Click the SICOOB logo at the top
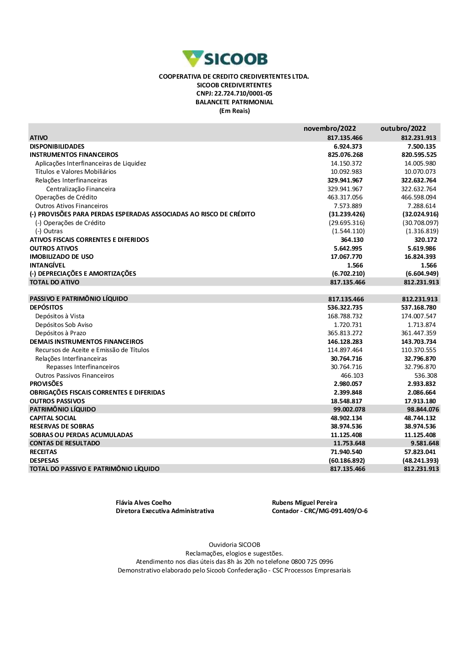point(225,59)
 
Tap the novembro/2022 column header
point(329,128)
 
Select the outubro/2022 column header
point(403,128)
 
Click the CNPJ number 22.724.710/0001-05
point(243,94)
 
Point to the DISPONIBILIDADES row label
point(57,146)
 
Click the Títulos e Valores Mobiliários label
point(76,172)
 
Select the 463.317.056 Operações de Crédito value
point(346,198)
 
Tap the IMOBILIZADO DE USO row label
point(61,257)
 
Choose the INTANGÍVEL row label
point(48,265)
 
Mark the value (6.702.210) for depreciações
point(348,274)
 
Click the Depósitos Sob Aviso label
point(64,325)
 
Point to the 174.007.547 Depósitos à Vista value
point(419,316)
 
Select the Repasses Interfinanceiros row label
point(83,367)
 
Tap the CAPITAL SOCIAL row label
point(53,418)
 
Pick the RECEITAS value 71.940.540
point(346,452)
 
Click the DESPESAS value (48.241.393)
point(420,461)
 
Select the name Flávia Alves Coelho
point(143,503)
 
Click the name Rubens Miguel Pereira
point(305,503)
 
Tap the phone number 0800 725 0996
point(312,562)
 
